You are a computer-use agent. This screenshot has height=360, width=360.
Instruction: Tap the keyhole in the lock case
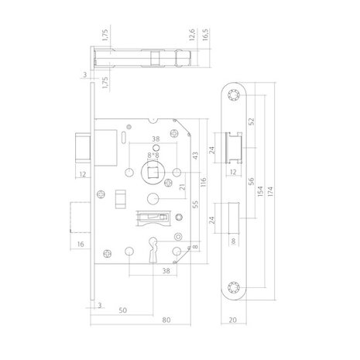pyautogui.click(x=153, y=255)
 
